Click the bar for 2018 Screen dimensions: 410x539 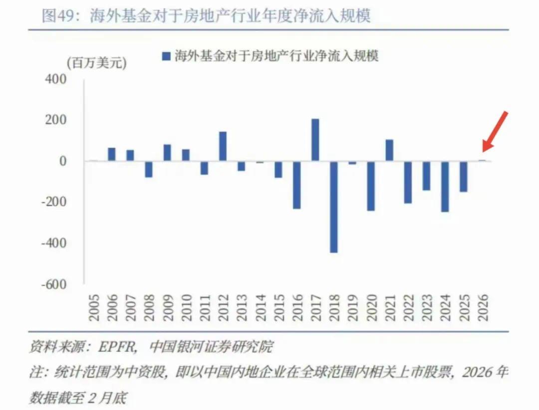tap(334, 207)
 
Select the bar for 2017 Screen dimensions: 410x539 tap(315, 140)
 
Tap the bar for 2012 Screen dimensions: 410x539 tap(223, 146)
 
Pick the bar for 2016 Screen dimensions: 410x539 tap(297, 185)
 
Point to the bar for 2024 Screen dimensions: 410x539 tap(445, 186)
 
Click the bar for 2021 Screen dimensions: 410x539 tap(389, 150)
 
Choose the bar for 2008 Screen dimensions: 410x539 tap(149, 169)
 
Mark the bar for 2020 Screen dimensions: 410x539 tap(371, 186)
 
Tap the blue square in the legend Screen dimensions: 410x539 tap(167, 55)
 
